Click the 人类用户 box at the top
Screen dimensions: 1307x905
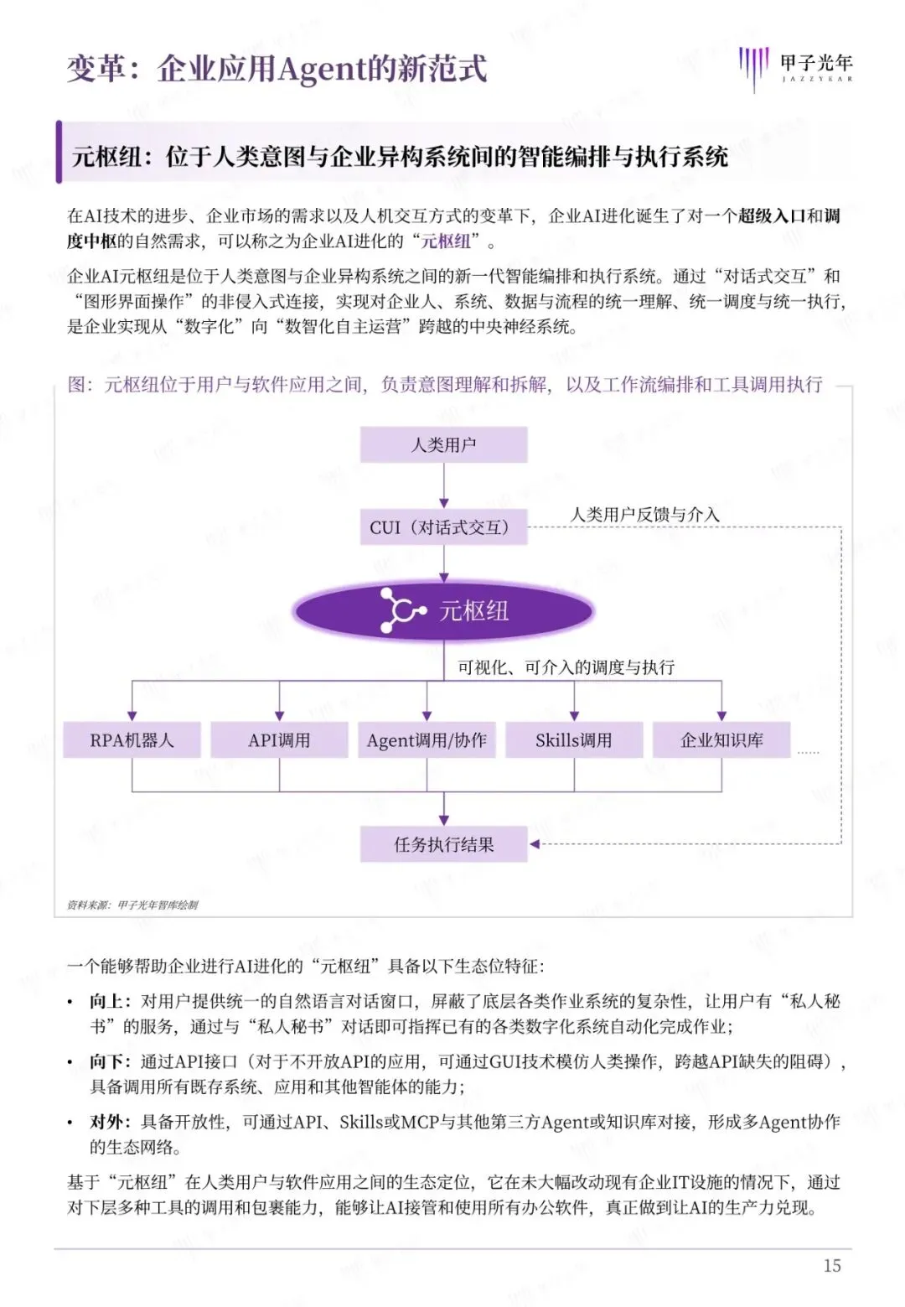click(x=443, y=444)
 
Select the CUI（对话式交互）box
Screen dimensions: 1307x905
click(x=443, y=527)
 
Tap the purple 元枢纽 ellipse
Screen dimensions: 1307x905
click(x=443, y=610)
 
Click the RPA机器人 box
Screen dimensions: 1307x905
click(x=132, y=740)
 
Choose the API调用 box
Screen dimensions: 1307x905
click(x=279, y=740)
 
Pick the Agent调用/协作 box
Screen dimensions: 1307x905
click(x=427, y=740)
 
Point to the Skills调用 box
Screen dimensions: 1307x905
click(x=574, y=740)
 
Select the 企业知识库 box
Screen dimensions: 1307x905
click(x=721, y=740)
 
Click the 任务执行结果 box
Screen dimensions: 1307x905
click(x=443, y=844)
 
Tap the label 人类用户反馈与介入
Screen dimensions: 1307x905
click(x=644, y=514)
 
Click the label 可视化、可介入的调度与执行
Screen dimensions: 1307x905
click(x=566, y=667)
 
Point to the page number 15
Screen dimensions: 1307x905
click(x=831, y=1265)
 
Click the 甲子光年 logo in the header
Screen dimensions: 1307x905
click(x=795, y=67)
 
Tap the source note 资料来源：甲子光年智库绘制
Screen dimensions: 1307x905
click(x=132, y=905)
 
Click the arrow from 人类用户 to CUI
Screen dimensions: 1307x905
click(x=443, y=485)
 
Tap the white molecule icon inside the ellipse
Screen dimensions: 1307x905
click(x=401, y=609)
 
